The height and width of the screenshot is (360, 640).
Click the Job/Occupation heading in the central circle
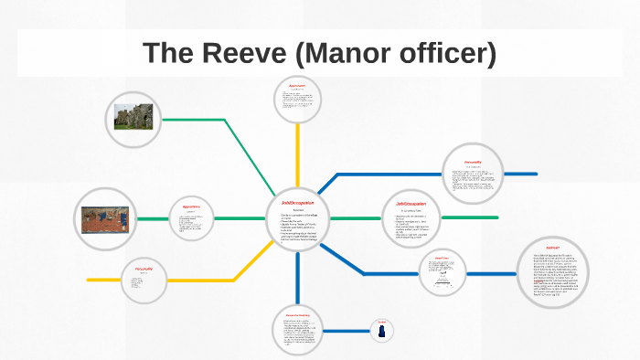pos(299,202)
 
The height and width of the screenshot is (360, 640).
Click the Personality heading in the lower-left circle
pos(145,269)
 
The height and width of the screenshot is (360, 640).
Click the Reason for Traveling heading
pos(298,314)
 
